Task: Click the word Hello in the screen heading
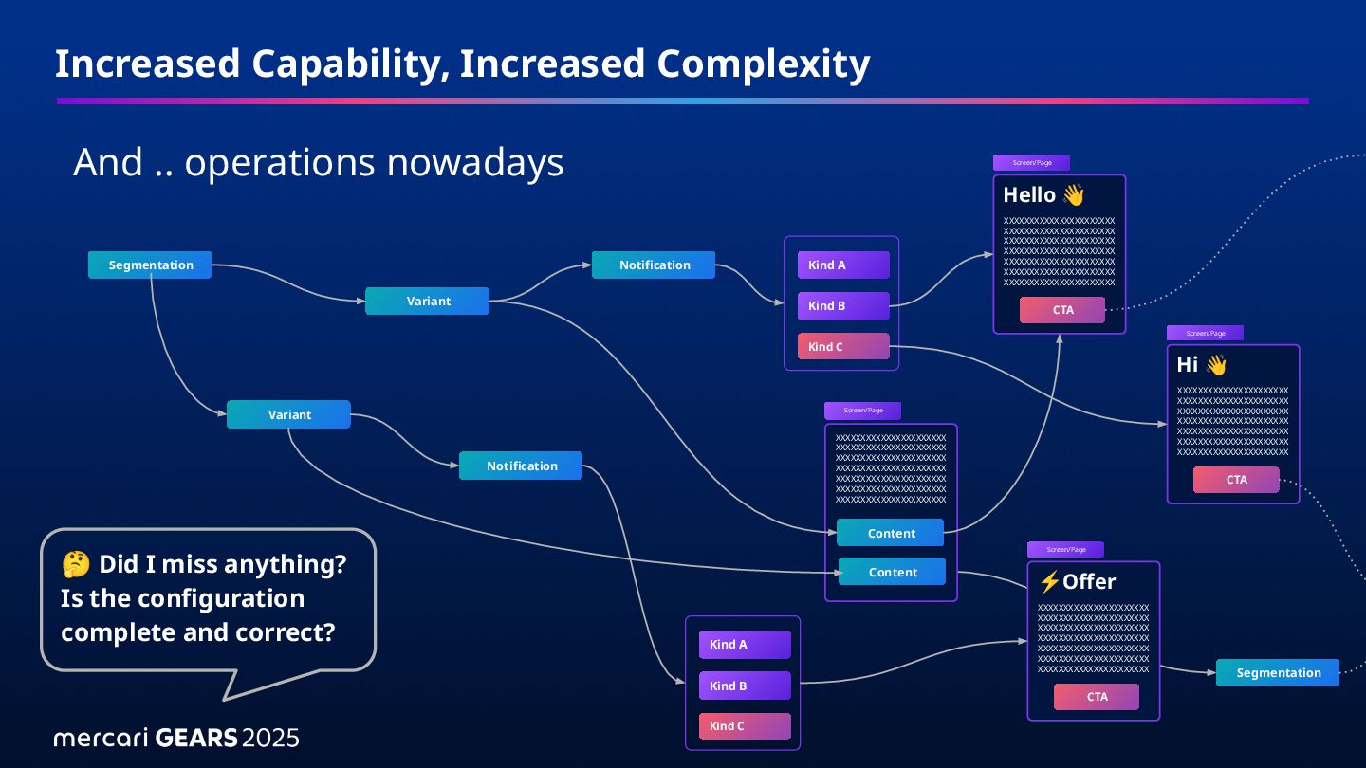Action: click(1029, 195)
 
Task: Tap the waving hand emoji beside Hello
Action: click(1073, 195)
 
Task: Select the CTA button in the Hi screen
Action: click(1236, 480)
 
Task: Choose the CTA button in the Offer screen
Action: click(1097, 697)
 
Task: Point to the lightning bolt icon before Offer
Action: click(1049, 581)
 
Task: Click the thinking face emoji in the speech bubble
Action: click(75, 565)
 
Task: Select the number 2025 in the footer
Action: click(270, 738)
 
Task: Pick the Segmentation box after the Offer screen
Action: click(1278, 673)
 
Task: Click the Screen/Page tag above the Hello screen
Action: click(1031, 163)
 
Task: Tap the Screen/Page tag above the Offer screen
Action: click(1065, 550)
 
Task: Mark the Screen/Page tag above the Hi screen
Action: click(1205, 334)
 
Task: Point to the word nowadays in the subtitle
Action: click(475, 163)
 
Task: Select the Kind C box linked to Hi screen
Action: click(843, 347)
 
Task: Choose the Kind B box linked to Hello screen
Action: click(843, 306)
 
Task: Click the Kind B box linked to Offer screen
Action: click(745, 686)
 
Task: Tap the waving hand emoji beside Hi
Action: click(1216, 365)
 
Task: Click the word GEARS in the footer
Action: click(195, 738)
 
